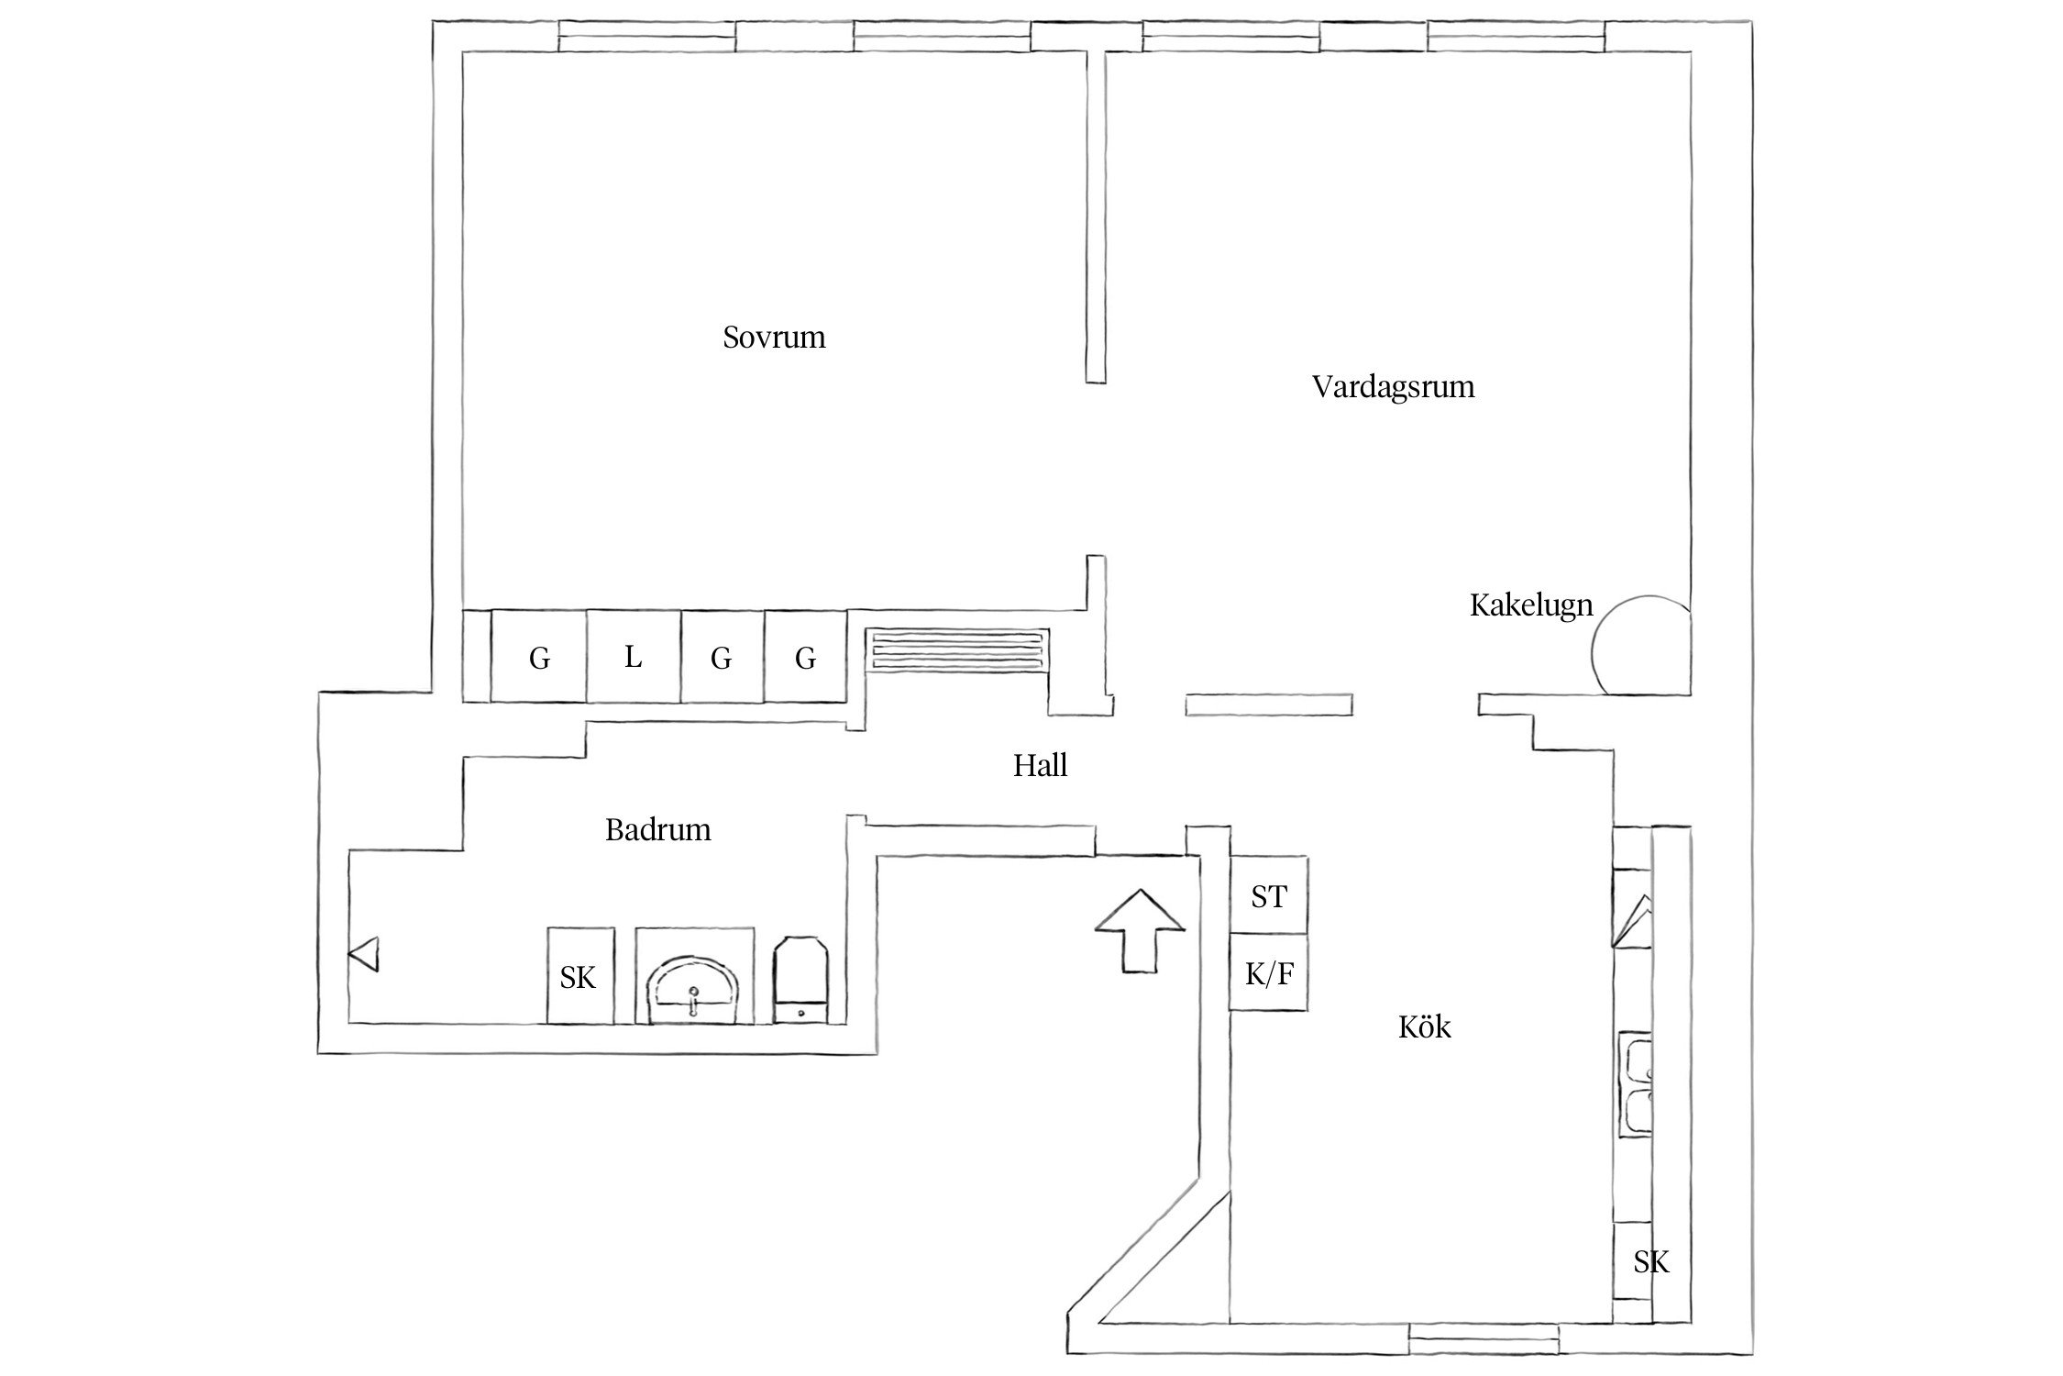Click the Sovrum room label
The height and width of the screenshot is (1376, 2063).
tap(774, 338)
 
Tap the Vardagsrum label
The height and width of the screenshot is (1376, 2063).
tap(1393, 386)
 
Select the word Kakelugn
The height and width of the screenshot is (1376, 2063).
tap(1530, 605)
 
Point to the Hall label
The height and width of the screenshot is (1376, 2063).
tap(1040, 765)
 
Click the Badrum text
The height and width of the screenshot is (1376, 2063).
tap(657, 830)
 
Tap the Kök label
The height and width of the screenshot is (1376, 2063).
tap(1424, 1026)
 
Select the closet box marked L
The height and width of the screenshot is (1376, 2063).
tap(633, 657)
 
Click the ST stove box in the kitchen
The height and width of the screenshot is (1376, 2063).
tap(1268, 895)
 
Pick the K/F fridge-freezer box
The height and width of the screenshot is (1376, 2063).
tap(1268, 973)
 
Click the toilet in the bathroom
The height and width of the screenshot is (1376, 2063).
tap(802, 980)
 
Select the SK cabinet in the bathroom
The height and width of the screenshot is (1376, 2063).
tap(579, 976)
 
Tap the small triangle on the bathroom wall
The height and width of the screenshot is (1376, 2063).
tap(363, 954)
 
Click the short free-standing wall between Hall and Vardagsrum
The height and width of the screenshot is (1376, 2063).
tap(1268, 705)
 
